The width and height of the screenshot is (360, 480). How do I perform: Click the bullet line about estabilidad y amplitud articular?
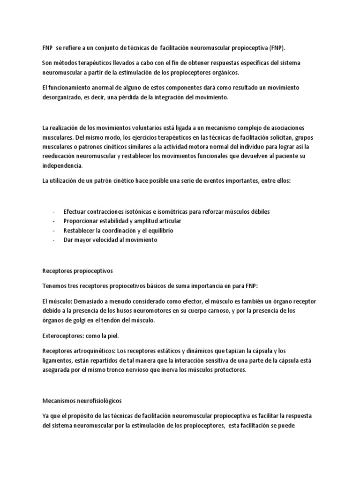122,221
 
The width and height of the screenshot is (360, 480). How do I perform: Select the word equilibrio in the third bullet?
157,230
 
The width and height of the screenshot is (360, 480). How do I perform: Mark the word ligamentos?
58,360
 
